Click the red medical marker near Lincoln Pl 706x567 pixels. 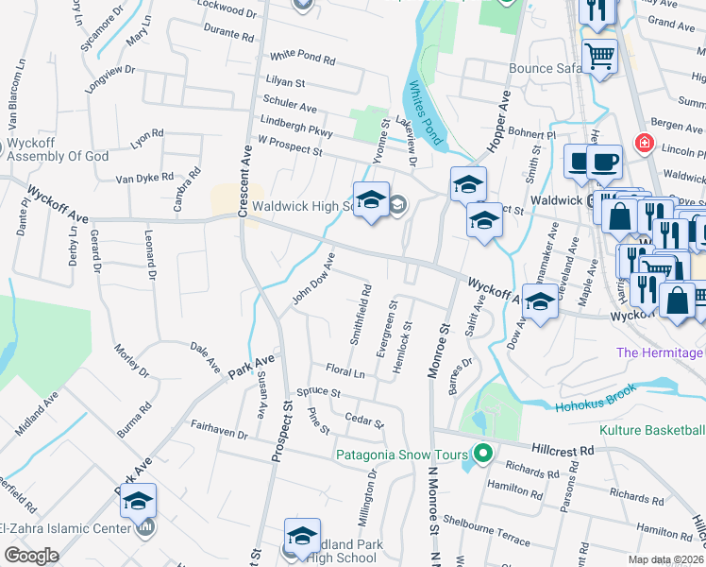(645, 144)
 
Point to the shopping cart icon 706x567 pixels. (600, 57)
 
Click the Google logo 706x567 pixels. (30, 556)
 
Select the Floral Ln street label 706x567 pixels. (345, 372)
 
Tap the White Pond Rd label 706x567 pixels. (302, 59)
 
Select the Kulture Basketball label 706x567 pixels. (652, 430)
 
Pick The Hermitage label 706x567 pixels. (660, 352)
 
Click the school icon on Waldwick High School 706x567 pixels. (372, 199)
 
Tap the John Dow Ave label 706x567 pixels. (313, 279)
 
